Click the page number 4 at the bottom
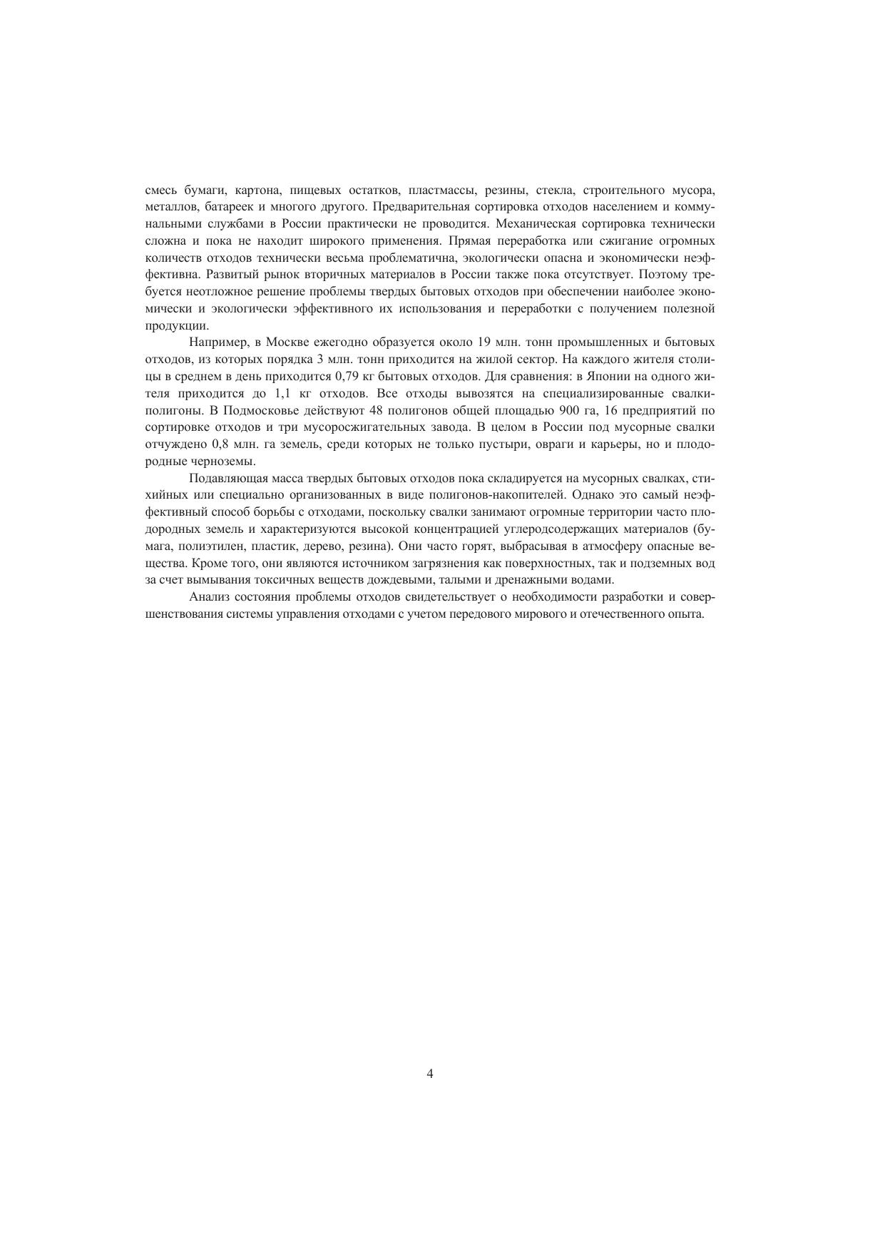pos(429,1074)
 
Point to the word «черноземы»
pos(222,461)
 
